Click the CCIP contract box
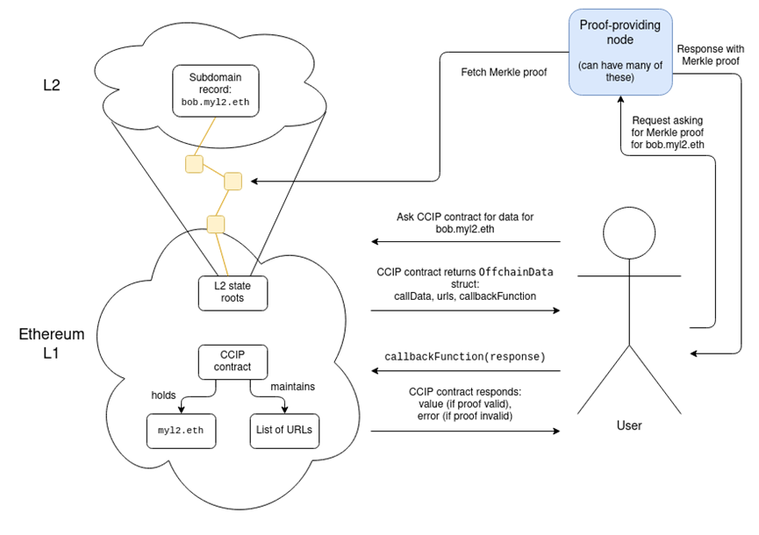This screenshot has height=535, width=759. click(x=232, y=361)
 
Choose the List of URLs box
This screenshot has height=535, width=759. click(x=284, y=430)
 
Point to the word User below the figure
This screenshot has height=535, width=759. click(x=629, y=425)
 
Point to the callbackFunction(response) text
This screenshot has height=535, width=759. click(x=465, y=357)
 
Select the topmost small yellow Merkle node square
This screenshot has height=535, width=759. click(x=194, y=163)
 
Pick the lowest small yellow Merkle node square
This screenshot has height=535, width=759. click(x=216, y=224)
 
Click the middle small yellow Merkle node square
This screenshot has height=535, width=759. click(x=233, y=182)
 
